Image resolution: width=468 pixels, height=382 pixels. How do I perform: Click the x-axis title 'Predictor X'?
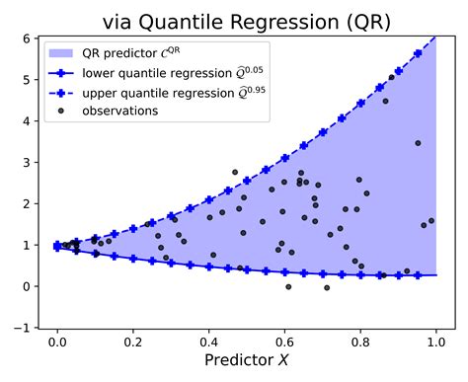pyautogui.click(x=247, y=360)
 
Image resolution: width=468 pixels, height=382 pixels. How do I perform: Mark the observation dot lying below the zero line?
pyautogui.click(x=327, y=287)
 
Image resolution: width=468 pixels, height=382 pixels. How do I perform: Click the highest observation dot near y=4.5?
pyautogui.click(x=385, y=101)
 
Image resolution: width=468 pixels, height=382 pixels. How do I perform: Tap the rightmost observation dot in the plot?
pyautogui.click(x=431, y=221)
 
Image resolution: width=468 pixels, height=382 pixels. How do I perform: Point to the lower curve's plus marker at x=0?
pyautogui.click(x=57, y=246)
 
